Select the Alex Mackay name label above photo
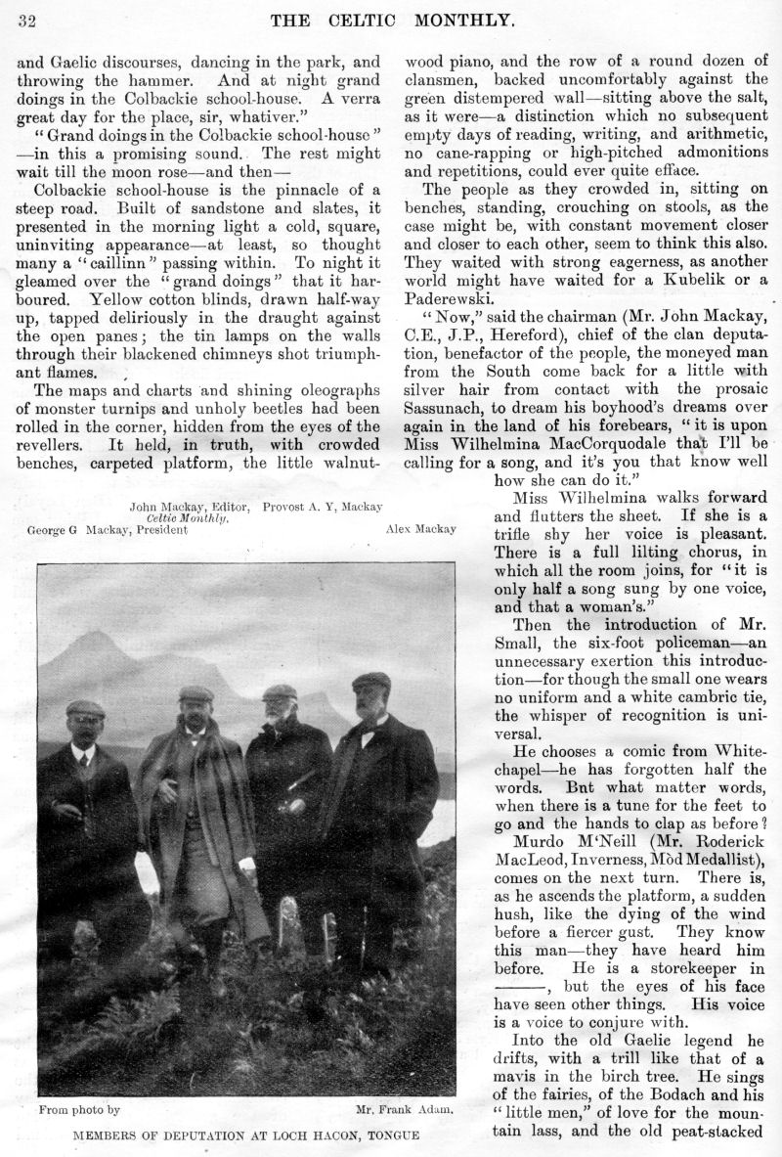pos(413,529)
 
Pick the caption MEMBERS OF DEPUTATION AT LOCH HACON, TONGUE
pos(245,1135)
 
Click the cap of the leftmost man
pos(86,707)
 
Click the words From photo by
pos(79,1110)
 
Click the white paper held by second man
pos(147,873)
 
